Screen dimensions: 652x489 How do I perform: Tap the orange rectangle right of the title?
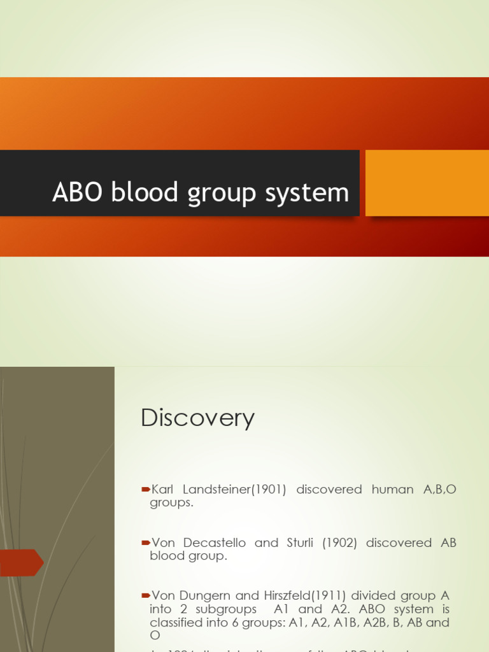point(427,183)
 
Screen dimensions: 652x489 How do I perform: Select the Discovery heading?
point(197,418)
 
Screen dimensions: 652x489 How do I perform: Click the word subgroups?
point(231,609)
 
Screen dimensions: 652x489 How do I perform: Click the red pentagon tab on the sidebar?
point(21,562)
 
